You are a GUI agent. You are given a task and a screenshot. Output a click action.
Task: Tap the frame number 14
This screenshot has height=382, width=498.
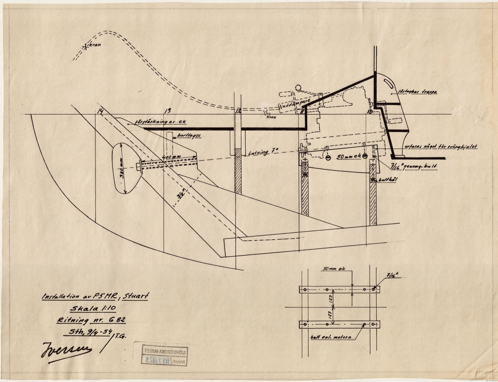tap(100, 111)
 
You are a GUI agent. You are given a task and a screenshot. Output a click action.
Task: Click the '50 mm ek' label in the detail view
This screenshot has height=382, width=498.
tap(332, 269)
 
